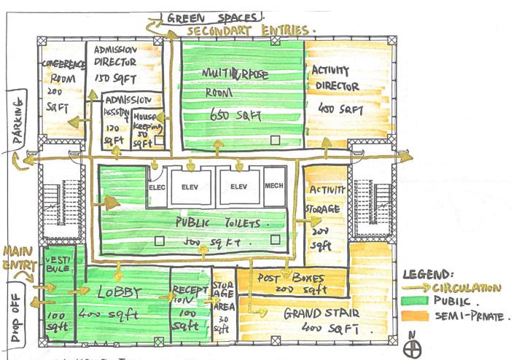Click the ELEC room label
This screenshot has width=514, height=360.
click(x=158, y=187)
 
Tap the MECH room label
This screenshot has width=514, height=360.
click(x=274, y=187)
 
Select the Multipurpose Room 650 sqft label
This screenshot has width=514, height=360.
click(x=231, y=93)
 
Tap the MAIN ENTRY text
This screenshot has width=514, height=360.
click(x=20, y=261)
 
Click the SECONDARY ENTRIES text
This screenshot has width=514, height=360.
click(x=251, y=32)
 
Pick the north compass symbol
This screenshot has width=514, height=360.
click(x=416, y=345)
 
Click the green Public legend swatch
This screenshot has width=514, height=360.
click(x=416, y=300)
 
